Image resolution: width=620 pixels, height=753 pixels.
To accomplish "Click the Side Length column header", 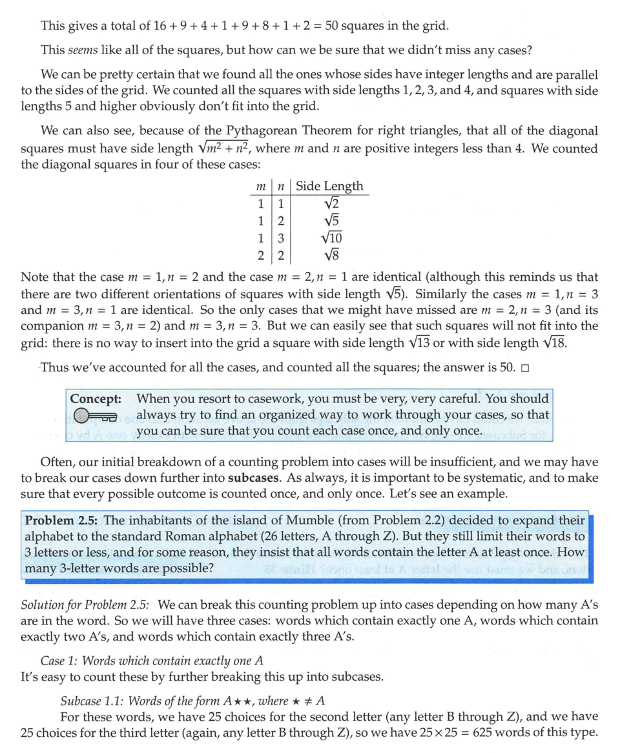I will (329, 187).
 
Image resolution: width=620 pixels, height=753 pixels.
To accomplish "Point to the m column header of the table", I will (261, 187).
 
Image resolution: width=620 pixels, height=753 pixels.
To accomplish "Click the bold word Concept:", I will (96, 399).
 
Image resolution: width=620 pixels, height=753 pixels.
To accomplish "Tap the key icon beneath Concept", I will (94, 416).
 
